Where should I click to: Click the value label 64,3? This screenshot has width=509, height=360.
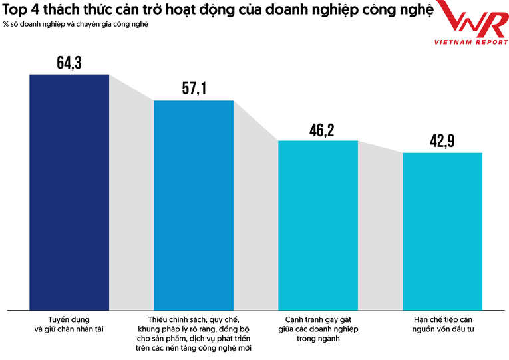[x=69, y=63]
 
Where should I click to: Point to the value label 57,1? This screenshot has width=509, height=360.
[x=194, y=89]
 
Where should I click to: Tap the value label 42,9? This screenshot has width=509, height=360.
[x=442, y=142]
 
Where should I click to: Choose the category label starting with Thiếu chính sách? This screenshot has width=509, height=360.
[x=194, y=333]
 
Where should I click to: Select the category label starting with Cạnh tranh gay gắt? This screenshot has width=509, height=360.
[x=317, y=329]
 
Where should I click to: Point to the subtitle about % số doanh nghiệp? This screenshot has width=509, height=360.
[x=76, y=24]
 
